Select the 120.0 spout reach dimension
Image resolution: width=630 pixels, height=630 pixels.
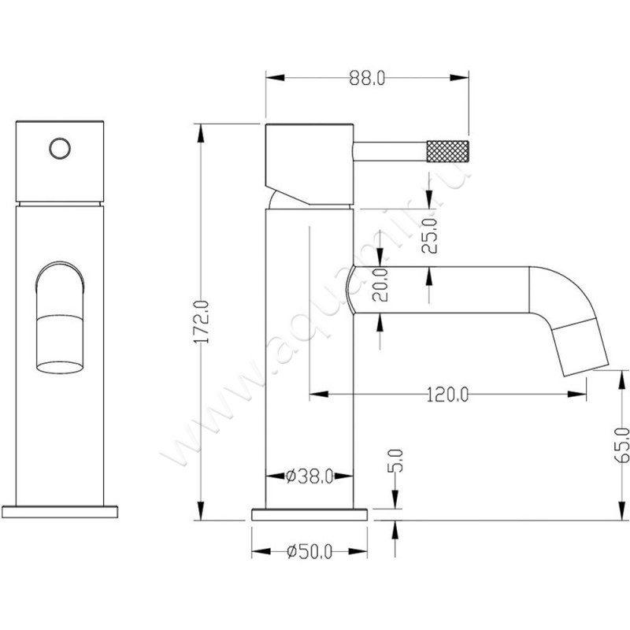click(x=447, y=394)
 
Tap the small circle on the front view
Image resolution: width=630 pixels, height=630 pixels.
click(x=58, y=147)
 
